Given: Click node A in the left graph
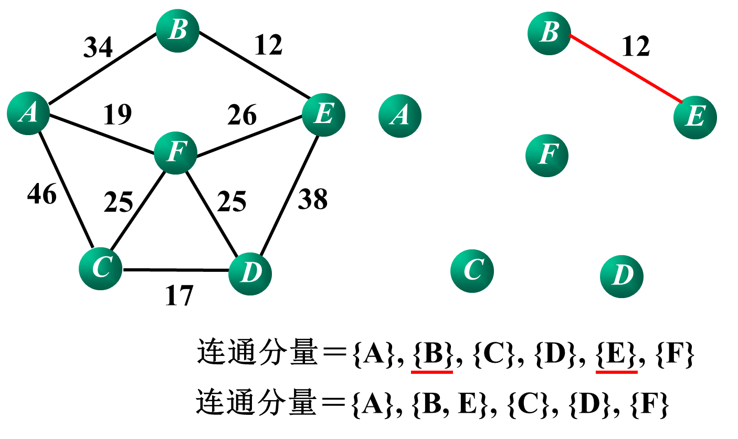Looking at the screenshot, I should [x=28, y=113].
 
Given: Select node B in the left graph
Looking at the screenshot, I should [x=177, y=30].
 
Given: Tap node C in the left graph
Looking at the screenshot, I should [x=100, y=268].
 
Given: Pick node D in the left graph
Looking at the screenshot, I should [x=250, y=273].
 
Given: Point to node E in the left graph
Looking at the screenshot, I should [x=323, y=115].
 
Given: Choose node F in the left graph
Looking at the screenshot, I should [x=175, y=152].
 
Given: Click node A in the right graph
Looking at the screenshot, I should [x=400, y=116].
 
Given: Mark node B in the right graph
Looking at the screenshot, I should [x=549, y=33].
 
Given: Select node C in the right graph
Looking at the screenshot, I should [x=472, y=271].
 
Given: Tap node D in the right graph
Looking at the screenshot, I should [x=621, y=276].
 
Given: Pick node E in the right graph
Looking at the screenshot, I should [x=695, y=117].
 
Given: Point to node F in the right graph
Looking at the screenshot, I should [x=547, y=155].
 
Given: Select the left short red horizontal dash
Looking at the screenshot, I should [x=432, y=372].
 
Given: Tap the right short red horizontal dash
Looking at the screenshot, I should [x=617, y=372].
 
